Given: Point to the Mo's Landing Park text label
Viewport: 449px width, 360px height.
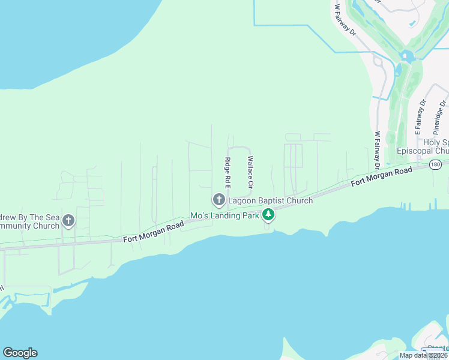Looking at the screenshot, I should [224, 215].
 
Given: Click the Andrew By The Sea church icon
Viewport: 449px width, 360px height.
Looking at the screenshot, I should [68, 220].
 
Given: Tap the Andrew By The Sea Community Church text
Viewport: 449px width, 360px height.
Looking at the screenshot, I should [30, 221].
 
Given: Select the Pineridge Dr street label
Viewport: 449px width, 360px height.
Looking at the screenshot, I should [439, 118].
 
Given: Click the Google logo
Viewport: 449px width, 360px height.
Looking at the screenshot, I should [20, 353].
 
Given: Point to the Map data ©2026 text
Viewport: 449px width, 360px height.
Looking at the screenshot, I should [423, 355].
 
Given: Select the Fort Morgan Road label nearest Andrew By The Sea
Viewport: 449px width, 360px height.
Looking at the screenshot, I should [154, 231].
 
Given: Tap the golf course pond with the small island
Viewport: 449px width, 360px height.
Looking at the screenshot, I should [408, 57].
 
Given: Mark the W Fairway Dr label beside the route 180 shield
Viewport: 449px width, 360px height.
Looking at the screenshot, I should [377, 150].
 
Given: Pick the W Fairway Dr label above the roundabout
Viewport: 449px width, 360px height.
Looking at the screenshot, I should [346, 21].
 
